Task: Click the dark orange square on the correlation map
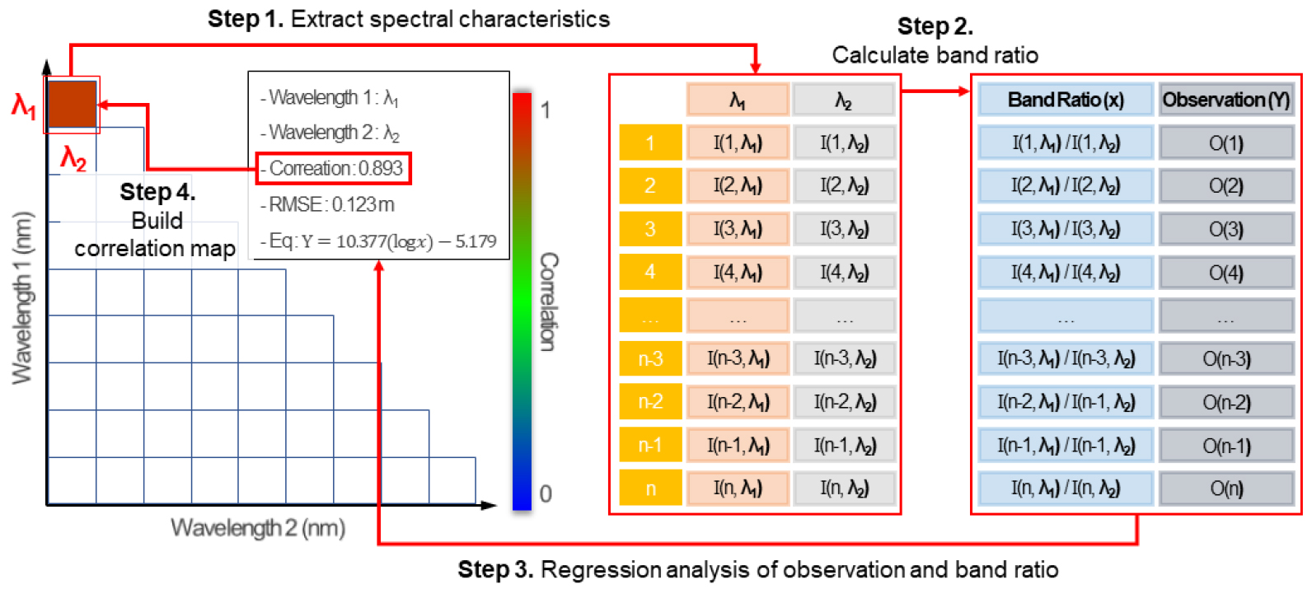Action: click(x=72, y=104)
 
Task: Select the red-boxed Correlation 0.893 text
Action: click(x=333, y=168)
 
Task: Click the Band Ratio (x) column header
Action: click(x=1065, y=100)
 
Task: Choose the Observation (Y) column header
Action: click(x=1225, y=100)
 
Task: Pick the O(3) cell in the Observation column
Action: click(x=1225, y=229)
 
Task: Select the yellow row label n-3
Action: click(x=650, y=358)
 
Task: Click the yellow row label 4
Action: click(x=650, y=272)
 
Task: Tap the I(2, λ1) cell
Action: click(x=738, y=186)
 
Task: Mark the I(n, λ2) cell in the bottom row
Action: click(x=844, y=488)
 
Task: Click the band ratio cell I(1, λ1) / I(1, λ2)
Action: click(x=1065, y=143)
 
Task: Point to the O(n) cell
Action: click(x=1225, y=488)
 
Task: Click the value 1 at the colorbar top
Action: click(x=546, y=110)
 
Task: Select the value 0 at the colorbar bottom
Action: click(x=546, y=493)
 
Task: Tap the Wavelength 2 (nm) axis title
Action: click(x=258, y=528)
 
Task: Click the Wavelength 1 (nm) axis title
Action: click(x=22, y=297)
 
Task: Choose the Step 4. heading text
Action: click(x=157, y=192)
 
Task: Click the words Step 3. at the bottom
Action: click(x=495, y=569)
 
